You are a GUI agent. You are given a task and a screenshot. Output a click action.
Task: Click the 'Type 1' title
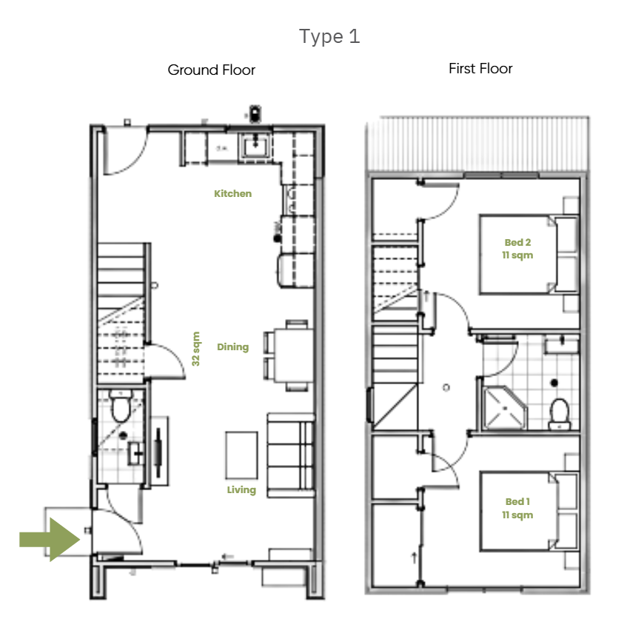tap(329, 36)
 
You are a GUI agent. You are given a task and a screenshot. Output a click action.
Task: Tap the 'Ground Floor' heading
tap(211, 70)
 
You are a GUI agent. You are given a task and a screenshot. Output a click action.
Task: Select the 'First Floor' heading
tap(480, 69)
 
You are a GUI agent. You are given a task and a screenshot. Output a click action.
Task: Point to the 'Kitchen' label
tap(232, 194)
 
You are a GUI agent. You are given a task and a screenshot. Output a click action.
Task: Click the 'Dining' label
tap(232, 347)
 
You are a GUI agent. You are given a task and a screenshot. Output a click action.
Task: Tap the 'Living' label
tap(241, 489)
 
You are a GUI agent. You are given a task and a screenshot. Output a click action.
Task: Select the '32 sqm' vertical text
tap(196, 349)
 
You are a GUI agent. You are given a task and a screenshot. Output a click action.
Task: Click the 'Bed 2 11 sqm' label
tap(517, 249)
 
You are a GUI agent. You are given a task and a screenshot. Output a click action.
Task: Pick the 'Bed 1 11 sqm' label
tap(517, 508)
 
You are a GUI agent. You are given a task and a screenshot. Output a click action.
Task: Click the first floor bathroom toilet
tap(560, 413)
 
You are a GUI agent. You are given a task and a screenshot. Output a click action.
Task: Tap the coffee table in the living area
tap(241, 454)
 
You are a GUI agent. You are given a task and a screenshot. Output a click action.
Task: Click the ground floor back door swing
tap(122, 152)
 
